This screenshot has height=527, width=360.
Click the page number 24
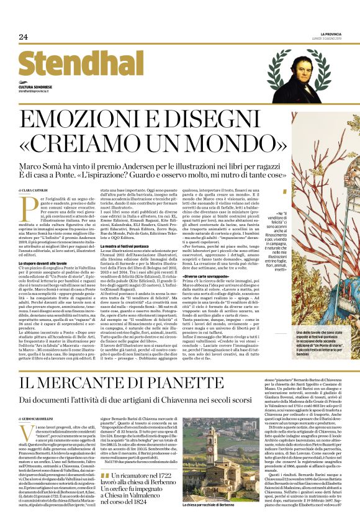pos(24,37)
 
